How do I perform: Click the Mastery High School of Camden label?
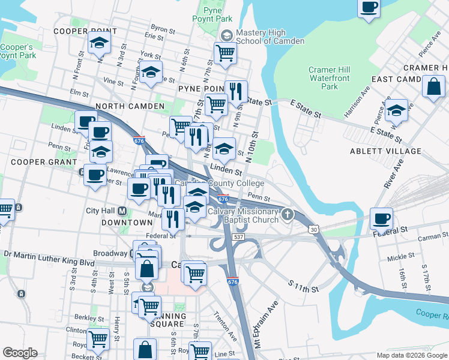(270, 37)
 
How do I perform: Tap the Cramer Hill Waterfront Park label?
(330, 78)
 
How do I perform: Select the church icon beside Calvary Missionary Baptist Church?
(288, 214)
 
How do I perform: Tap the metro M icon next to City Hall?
(122, 211)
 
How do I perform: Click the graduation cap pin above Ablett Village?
(396, 110)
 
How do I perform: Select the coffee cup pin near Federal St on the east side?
(382, 218)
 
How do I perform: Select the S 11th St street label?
(303, 286)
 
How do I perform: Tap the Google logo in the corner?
(20, 353)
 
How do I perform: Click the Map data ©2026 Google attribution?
(412, 355)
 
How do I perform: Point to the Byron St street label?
(163, 28)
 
